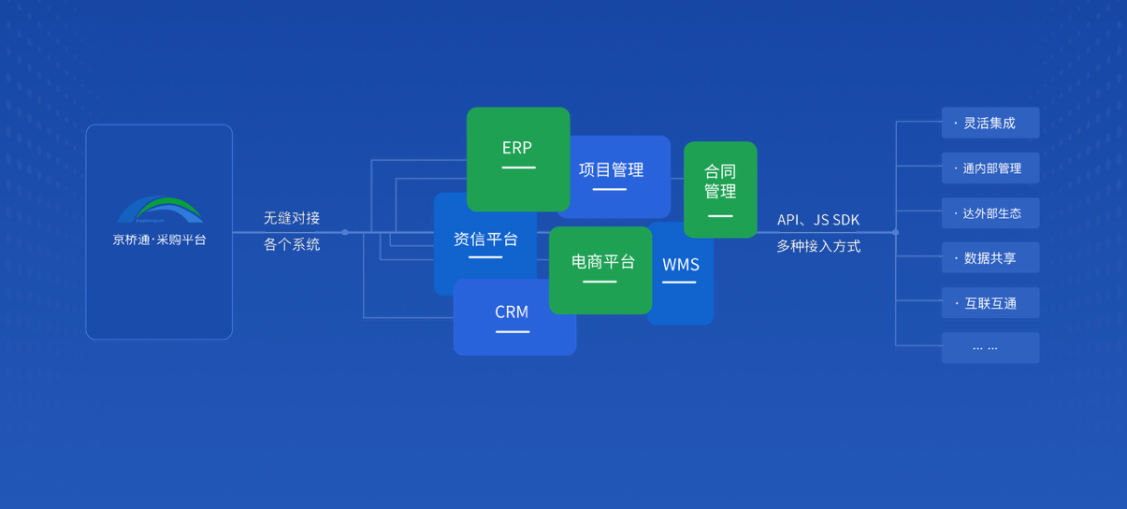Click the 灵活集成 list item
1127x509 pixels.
pos(990,124)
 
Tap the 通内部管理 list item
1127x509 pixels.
pos(990,168)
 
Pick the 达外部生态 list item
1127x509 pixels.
pos(990,213)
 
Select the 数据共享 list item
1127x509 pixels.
pos(990,258)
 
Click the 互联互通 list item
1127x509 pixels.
pos(990,303)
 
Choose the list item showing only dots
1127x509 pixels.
pos(990,348)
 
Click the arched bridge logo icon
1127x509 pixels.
pos(160,211)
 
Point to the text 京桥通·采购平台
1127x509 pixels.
pos(160,240)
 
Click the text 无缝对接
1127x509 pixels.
pos(292,218)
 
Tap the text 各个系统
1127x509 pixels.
pos(292,244)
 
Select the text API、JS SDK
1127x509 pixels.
pos(818,220)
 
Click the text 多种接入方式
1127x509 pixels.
pos(818,246)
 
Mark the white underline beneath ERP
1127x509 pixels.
pos(518,167)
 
